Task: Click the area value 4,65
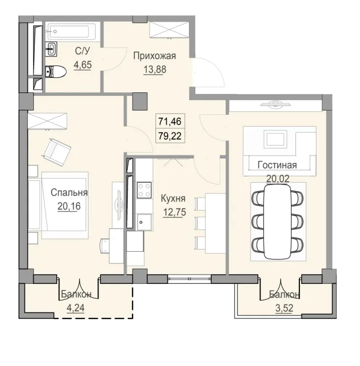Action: (x=83, y=64)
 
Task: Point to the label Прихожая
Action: (x=154, y=56)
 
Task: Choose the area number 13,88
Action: (x=155, y=69)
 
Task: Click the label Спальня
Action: (x=69, y=193)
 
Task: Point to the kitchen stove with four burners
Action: (x=144, y=191)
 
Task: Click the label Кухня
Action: (x=173, y=199)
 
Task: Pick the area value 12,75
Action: (x=173, y=213)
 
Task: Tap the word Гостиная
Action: (x=277, y=165)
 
